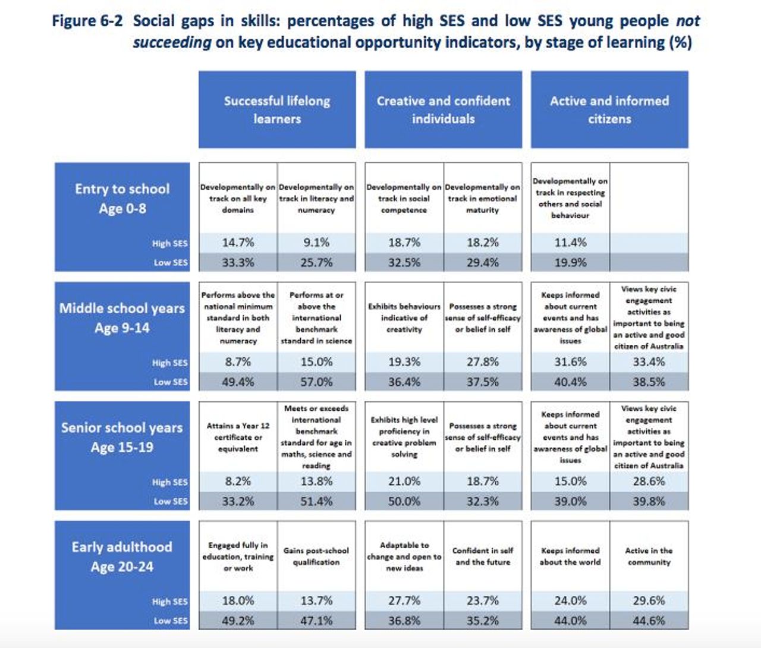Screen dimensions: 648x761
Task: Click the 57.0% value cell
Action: click(x=316, y=382)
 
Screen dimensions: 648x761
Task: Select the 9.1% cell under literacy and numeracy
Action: click(x=316, y=243)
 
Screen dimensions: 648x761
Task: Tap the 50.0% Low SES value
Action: click(x=404, y=502)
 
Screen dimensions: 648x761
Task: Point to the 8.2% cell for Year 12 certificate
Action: click(x=238, y=482)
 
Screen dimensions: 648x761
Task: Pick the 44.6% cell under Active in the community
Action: click(x=649, y=621)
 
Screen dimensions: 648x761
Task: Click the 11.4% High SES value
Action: click(x=570, y=243)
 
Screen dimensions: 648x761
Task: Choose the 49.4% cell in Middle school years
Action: click(x=238, y=382)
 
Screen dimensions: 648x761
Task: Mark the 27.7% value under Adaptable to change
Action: click(x=404, y=601)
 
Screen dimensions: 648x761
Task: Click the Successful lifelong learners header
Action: click(x=277, y=109)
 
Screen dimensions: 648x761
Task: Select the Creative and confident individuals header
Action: click(x=444, y=109)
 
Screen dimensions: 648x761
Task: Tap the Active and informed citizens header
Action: click(x=609, y=109)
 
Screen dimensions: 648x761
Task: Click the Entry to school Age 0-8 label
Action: click(x=122, y=199)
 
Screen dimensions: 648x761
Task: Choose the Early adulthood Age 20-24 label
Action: click(x=122, y=557)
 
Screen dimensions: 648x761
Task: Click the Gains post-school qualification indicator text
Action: click(x=316, y=556)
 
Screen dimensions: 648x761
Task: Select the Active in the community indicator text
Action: click(x=649, y=556)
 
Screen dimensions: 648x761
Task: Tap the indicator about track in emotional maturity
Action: click(x=483, y=199)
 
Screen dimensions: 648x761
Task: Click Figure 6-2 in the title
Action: click(x=87, y=21)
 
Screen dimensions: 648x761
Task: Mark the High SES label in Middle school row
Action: click(x=170, y=363)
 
